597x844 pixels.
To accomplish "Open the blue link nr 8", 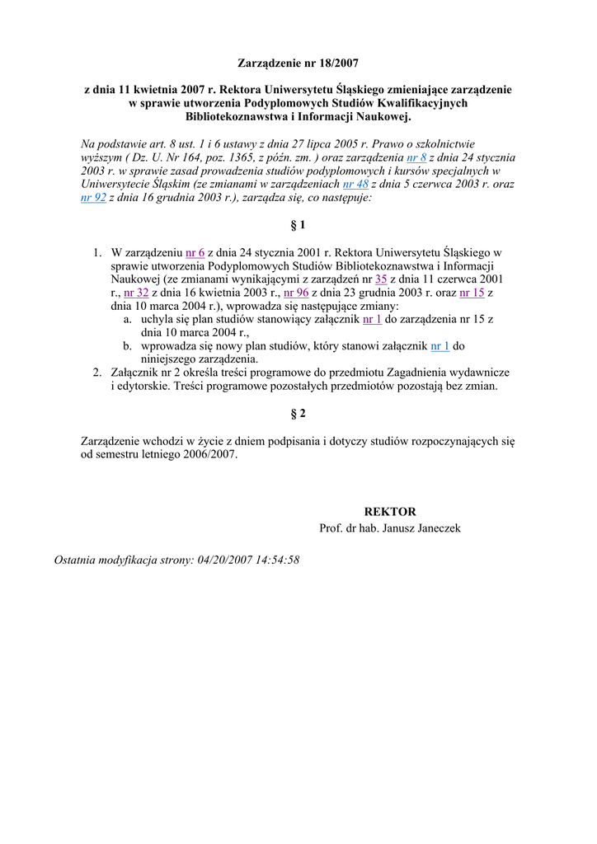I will (x=416, y=157).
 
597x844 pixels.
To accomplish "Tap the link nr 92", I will (x=93, y=199).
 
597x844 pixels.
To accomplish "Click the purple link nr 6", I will (x=195, y=252).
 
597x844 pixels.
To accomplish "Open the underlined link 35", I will (x=381, y=279).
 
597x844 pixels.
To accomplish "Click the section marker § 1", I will (x=298, y=225).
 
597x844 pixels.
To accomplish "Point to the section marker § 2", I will (x=298, y=414).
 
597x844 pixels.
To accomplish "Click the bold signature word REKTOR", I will (x=390, y=512).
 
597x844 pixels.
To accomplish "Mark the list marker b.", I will (x=128, y=346).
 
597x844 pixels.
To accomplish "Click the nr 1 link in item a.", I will (x=372, y=319).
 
